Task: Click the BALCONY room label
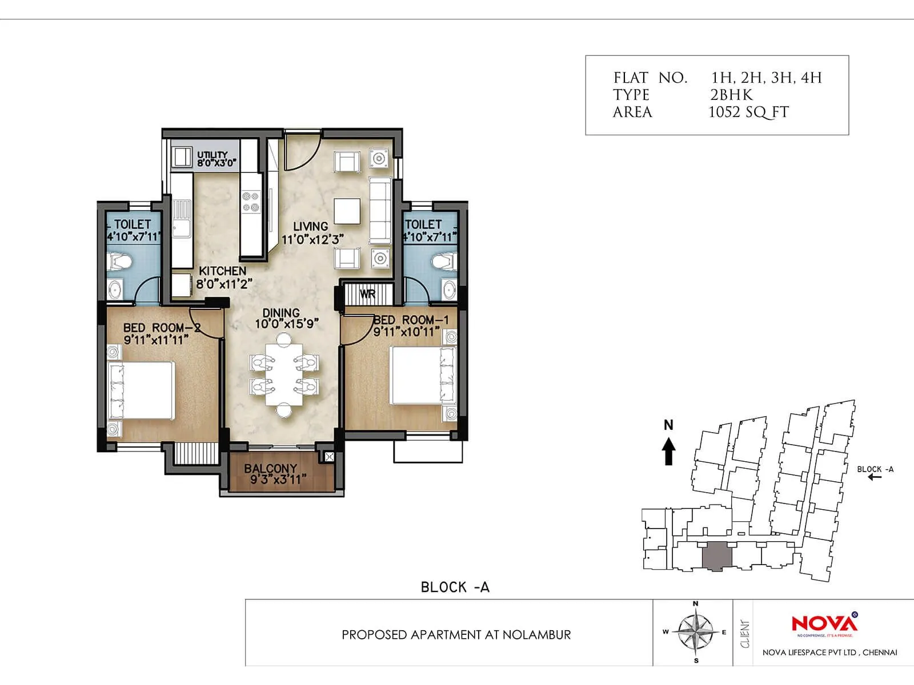coord(271,469)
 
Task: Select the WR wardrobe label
coord(367,295)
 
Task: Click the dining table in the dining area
coord(283,374)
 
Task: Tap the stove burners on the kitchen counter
coord(250,202)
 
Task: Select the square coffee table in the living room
coord(347,211)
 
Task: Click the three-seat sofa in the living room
coord(380,211)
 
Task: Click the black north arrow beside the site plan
coord(668,451)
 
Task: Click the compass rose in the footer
coord(695,632)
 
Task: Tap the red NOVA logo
coord(824,623)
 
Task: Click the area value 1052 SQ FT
coord(748,112)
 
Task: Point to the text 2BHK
coord(731,95)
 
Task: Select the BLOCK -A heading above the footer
coord(455,587)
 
